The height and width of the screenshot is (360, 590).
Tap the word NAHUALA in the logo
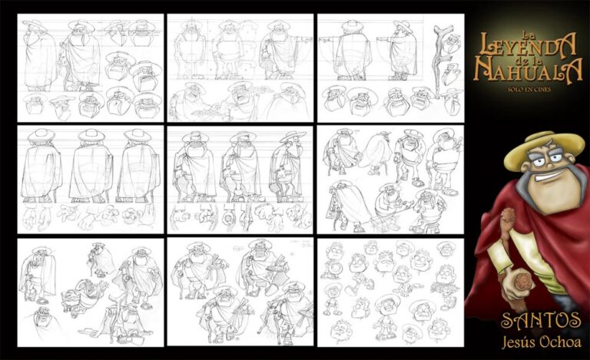click(x=528, y=70)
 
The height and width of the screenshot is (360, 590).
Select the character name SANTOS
click(x=541, y=321)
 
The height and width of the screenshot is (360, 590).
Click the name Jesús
click(x=519, y=342)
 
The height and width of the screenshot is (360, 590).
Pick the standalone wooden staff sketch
click(x=440, y=60)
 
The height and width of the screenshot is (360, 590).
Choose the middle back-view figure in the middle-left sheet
click(x=91, y=165)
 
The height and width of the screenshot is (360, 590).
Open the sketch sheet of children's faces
click(x=390, y=292)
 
